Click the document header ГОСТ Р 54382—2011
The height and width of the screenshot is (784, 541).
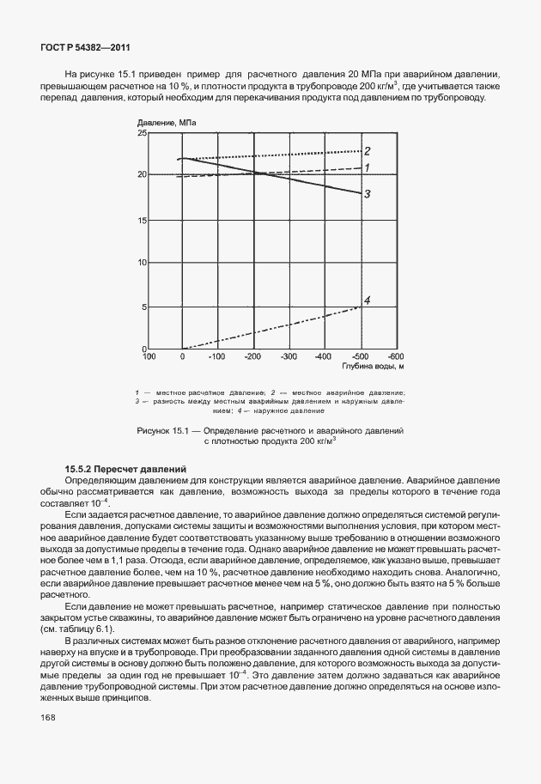pyautogui.click(x=86, y=47)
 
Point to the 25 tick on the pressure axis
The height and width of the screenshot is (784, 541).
pyautogui.click(x=143, y=134)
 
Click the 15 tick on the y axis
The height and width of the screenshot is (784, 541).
pyautogui.click(x=143, y=220)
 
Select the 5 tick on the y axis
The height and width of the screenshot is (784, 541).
pyautogui.click(x=143, y=307)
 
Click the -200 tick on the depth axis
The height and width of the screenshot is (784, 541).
pyautogui.click(x=252, y=356)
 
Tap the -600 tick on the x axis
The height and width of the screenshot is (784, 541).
pyautogui.click(x=394, y=356)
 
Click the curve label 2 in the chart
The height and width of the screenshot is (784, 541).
pyautogui.click(x=367, y=150)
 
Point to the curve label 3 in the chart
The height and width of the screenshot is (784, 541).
pyautogui.click(x=367, y=194)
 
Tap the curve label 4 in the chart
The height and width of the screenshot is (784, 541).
pyautogui.click(x=367, y=300)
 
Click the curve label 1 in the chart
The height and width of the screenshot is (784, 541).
pyautogui.click(x=367, y=168)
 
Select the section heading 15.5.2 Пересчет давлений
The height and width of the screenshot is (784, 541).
pyautogui.click(x=125, y=469)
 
